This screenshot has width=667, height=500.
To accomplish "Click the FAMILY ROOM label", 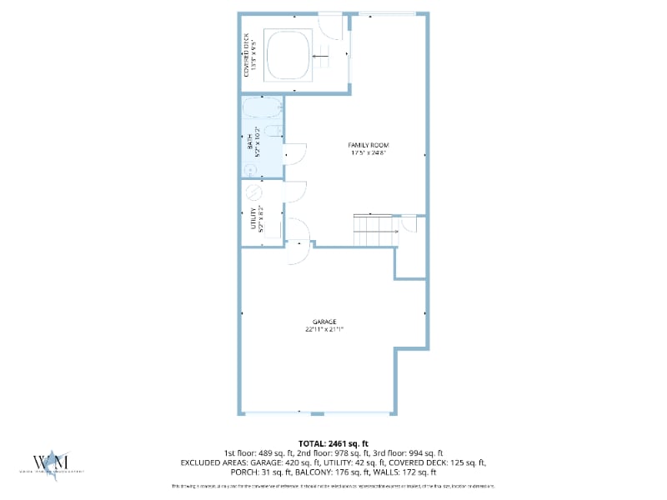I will click(369, 145).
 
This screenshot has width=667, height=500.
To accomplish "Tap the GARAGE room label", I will click(324, 321).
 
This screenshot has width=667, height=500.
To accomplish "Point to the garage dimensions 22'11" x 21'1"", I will click(324, 329).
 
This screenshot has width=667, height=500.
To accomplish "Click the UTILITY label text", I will click(253, 218).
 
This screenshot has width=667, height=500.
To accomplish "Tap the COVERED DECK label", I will click(246, 55).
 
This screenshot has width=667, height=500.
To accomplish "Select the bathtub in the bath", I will click(262, 108).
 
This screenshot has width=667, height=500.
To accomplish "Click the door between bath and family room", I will click(294, 153).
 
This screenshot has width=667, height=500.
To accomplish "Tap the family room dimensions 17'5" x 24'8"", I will click(369, 153).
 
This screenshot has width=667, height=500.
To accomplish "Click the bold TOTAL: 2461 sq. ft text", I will click(333, 443).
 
